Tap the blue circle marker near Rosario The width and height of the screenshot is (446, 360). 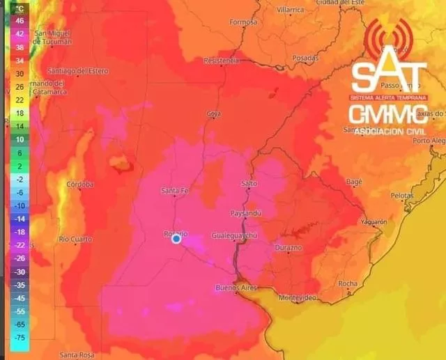(176, 239)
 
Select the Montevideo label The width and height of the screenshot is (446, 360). (298, 297)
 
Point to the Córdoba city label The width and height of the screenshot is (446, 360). (79, 184)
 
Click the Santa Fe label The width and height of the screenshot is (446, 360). (174, 191)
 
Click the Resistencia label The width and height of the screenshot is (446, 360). (221, 61)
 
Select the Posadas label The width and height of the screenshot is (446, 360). (305, 58)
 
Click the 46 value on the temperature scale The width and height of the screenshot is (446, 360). (20, 21)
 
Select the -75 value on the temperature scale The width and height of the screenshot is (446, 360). (20, 337)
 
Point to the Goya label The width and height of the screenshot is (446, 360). (214, 114)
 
